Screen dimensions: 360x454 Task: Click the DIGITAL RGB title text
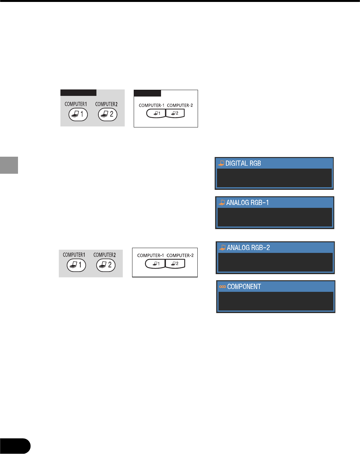pyautogui.click(x=243, y=163)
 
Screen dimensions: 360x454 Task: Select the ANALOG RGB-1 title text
pyautogui.click(x=248, y=203)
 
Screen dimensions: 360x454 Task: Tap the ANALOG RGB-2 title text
pyautogui.click(x=248, y=248)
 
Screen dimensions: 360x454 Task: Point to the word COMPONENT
pyautogui.click(x=244, y=287)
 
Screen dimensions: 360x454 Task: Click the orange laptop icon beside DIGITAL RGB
pyautogui.click(x=221, y=163)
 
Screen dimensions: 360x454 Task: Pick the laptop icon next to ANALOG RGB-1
pyautogui.click(x=222, y=203)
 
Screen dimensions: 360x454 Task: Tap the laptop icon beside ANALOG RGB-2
pyautogui.click(x=222, y=248)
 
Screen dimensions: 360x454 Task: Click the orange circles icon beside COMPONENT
pyautogui.click(x=222, y=287)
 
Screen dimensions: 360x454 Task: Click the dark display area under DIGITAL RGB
pyautogui.click(x=274, y=178)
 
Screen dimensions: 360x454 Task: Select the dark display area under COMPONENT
pyautogui.click(x=276, y=301)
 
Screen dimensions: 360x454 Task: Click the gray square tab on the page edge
pyautogui.click(x=9, y=165)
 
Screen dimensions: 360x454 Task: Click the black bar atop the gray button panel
pyautogui.click(x=78, y=93)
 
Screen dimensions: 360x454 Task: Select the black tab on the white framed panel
pyautogui.click(x=148, y=93)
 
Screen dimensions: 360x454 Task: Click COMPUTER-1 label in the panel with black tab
pyautogui.click(x=151, y=105)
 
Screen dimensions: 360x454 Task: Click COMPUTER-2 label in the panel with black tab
pyautogui.click(x=180, y=105)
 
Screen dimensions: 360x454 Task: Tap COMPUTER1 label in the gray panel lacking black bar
pyautogui.click(x=74, y=255)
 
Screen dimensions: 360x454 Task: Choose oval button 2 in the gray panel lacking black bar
pyautogui.click(x=106, y=265)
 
